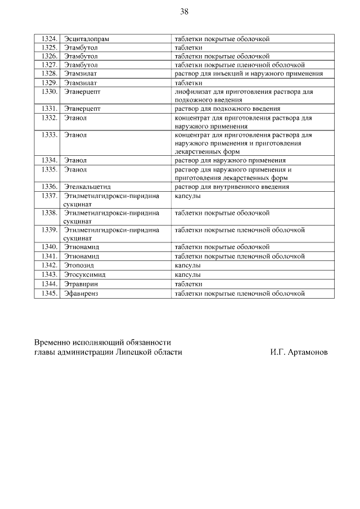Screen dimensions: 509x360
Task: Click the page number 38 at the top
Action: [x=184, y=12]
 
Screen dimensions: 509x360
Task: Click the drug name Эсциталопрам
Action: [x=87, y=39]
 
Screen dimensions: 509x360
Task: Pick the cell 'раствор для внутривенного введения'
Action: [x=232, y=187]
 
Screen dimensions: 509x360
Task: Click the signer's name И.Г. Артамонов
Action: [x=298, y=352]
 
